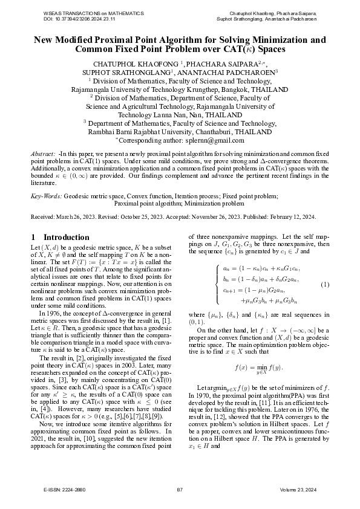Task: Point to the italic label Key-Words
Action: click(x=46, y=196)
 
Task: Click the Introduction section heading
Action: click(x=59, y=237)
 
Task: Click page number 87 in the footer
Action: click(x=180, y=489)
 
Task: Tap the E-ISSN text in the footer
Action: click(x=61, y=489)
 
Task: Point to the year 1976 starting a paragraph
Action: click(x=54, y=313)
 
